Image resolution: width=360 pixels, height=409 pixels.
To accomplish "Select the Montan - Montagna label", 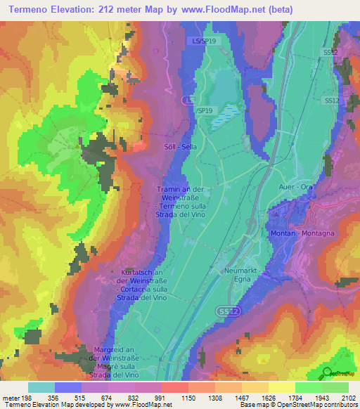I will click(302, 233).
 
